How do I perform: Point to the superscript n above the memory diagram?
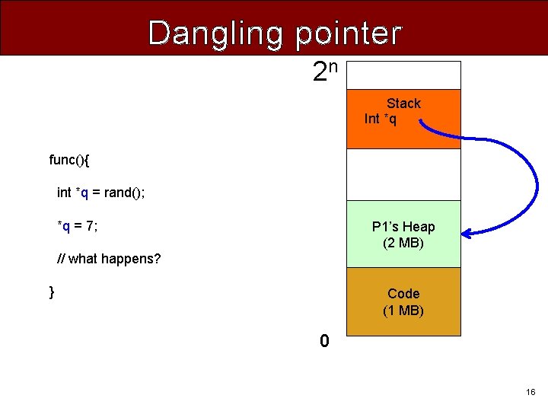[333, 65]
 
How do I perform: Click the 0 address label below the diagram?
[324, 342]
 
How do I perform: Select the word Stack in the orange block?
[403, 104]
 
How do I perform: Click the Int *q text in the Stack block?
[381, 119]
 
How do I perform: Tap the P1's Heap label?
[403, 227]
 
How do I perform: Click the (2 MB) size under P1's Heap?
[403, 244]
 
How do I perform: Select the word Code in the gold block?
[403, 294]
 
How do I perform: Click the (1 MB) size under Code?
[403, 311]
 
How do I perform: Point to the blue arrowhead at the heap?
[467, 233]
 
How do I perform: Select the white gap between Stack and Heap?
[403, 174]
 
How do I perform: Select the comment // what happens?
[109, 259]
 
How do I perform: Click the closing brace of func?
[52, 292]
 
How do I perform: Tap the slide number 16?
[530, 392]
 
